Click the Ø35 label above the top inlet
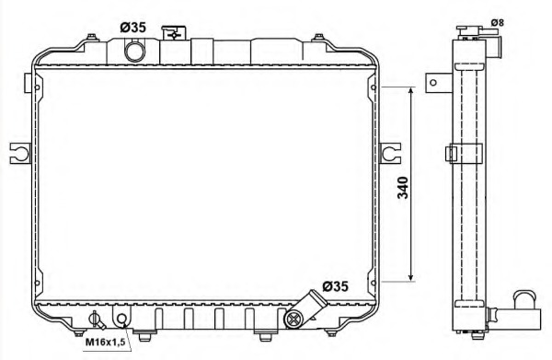132,27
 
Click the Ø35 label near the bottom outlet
335,286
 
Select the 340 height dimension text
403,188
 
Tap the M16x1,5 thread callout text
105,342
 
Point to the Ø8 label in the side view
498,22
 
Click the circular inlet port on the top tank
135,51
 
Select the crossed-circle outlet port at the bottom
294,319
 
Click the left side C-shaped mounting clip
20,153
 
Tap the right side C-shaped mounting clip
390,153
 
